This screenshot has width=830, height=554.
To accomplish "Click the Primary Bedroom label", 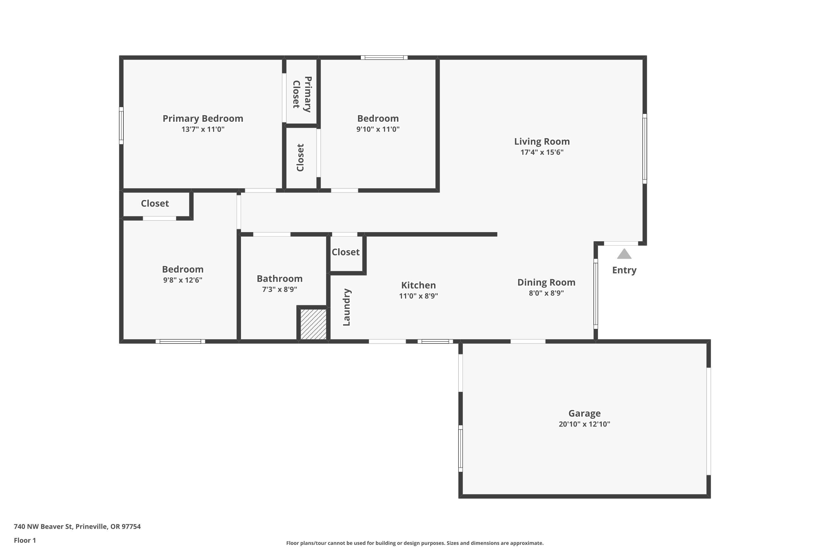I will point(203,118).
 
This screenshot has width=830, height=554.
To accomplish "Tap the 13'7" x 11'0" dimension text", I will point(203,129).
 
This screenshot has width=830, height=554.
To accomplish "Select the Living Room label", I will point(542,141).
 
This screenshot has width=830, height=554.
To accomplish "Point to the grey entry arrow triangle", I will point(624,254).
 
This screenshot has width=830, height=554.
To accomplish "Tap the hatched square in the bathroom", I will point(313,324).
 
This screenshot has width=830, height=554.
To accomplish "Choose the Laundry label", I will point(347,307).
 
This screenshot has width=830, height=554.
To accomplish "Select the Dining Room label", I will point(546,282).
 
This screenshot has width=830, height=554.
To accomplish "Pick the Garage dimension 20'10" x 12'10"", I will point(584,424).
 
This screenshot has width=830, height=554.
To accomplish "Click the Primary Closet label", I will point(302,94).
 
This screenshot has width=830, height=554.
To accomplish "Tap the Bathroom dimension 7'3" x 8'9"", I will point(279,289).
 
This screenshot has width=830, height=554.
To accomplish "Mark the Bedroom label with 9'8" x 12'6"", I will point(182,269).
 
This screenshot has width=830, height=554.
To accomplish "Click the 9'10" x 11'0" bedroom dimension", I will point(378,129).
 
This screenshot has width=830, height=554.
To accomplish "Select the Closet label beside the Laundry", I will point(346,252).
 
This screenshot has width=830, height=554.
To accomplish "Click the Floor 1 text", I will point(25,540).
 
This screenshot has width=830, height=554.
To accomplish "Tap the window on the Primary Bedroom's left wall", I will point(121,125).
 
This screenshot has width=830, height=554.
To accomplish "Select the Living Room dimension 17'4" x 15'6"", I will point(542,152).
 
